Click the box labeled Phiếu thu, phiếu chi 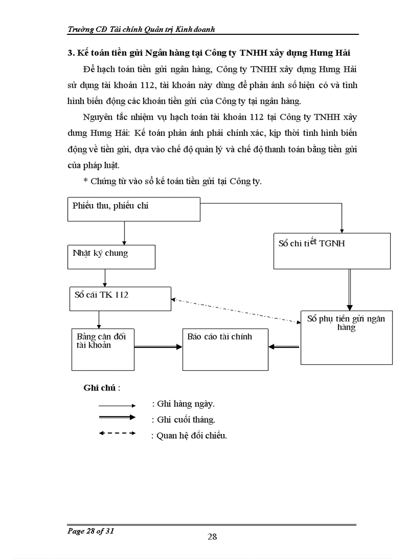click(x=133, y=209)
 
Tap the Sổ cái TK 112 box click(x=120, y=299)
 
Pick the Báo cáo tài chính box click(x=225, y=349)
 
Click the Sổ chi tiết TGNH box click(x=332, y=251)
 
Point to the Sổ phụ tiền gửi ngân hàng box click(x=346, y=337)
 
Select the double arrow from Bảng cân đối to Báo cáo click(x=158, y=347)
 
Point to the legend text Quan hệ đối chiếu click(x=189, y=436)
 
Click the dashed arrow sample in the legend click(x=117, y=433)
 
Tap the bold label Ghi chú click(x=101, y=388)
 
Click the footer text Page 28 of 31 click(x=91, y=531)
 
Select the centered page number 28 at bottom click(x=212, y=536)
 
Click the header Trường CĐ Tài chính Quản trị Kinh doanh click(x=141, y=29)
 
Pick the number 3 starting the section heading click(x=70, y=53)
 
